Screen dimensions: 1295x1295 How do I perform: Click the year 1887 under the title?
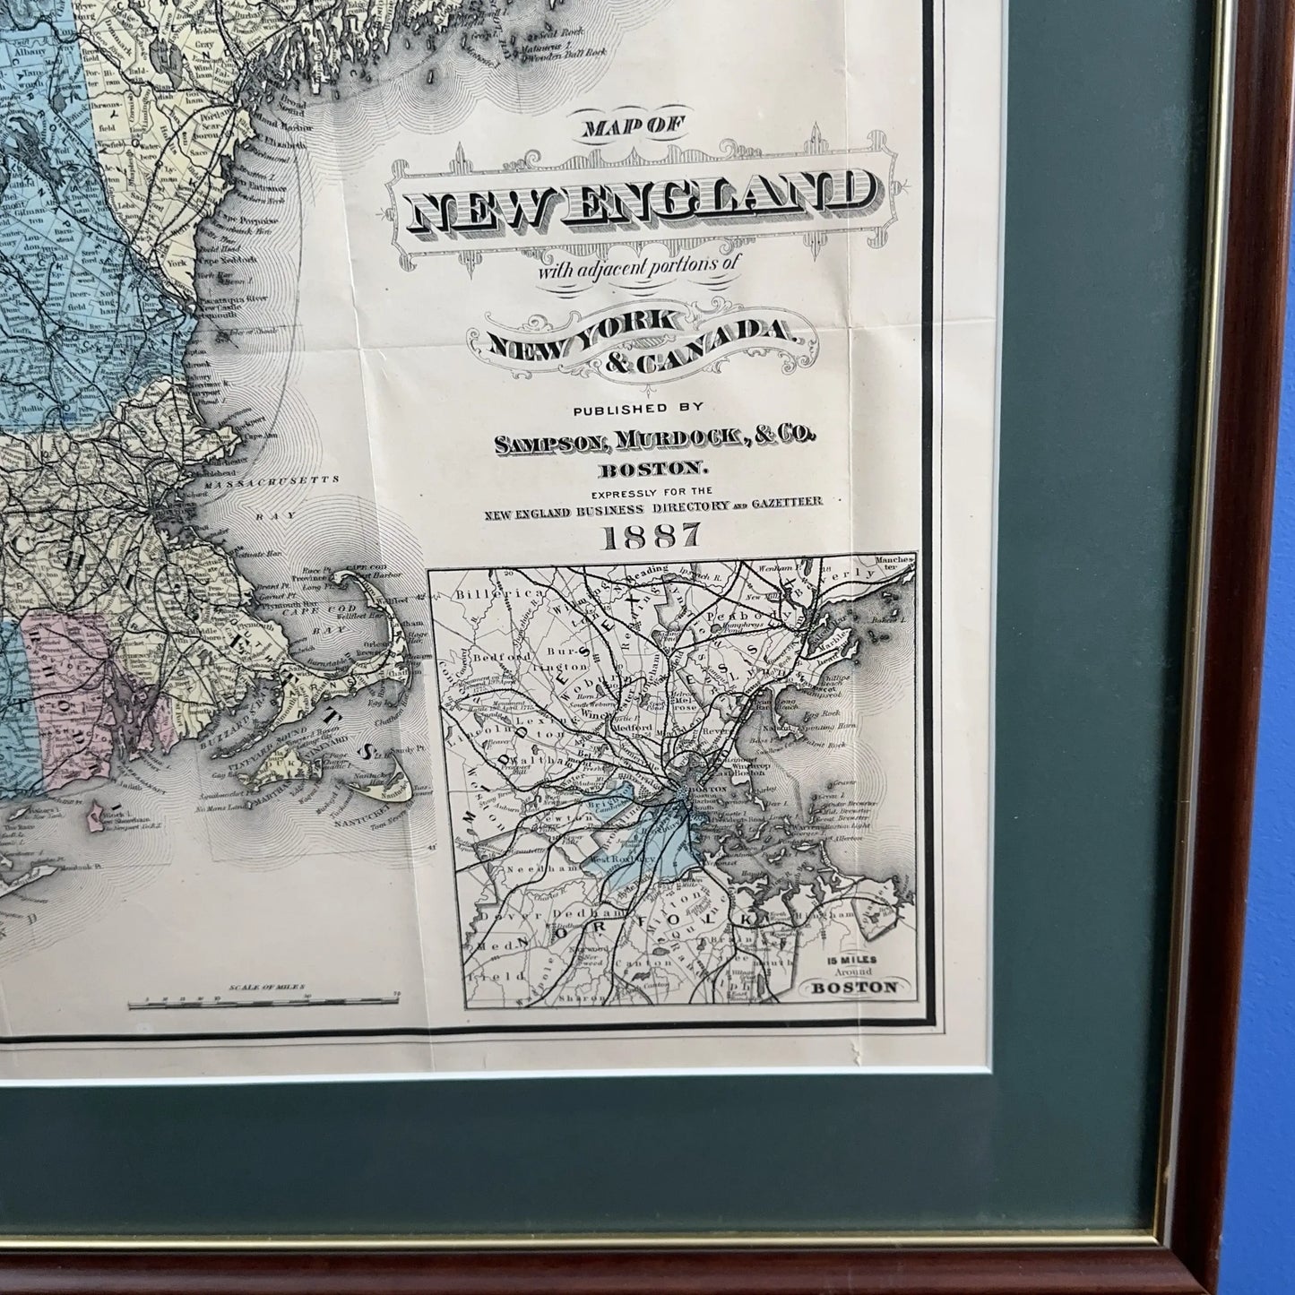(652, 537)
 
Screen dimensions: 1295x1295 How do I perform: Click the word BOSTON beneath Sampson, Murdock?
(652, 467)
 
